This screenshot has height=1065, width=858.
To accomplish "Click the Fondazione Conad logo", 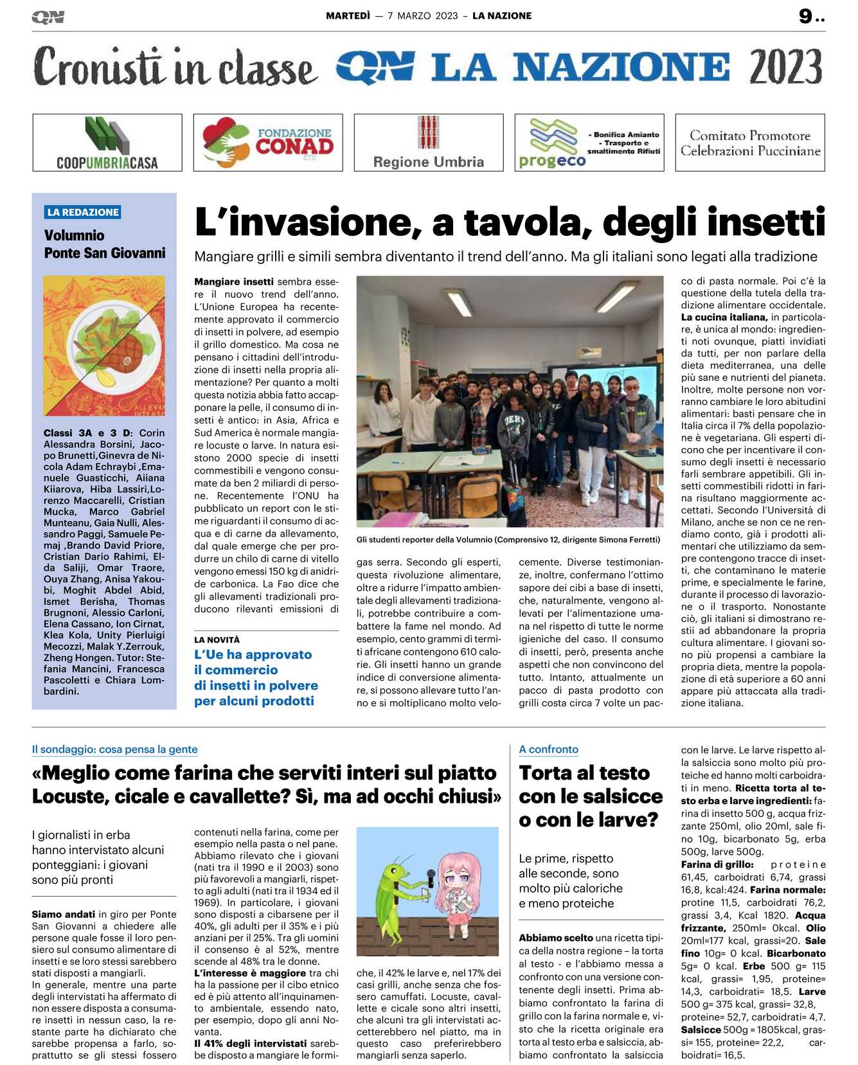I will pyautogui.click(x=268, y=143).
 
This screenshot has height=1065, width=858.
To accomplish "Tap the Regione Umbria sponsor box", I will pyautogui.click(x=429, y=143).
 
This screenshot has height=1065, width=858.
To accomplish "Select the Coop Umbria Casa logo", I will pyautogui.click(x=107, y=143).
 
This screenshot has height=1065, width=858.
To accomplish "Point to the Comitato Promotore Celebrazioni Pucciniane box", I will pyautogui.click(x=750, y=143).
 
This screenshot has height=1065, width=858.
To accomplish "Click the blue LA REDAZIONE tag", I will pyautogui.click(x=83, y=212).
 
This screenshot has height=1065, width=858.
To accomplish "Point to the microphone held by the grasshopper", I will pyautogui.click(x=429, y=877).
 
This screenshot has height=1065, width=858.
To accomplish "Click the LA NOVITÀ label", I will pyautogui.click(x=217, y=640).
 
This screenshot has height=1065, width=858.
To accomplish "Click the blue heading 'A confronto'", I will pyautogui.click(x=548, y=749).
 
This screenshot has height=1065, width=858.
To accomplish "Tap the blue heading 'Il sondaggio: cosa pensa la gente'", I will pyautogui.click(x=114, y=749).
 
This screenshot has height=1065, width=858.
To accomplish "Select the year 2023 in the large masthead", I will pyautogui.click(x=785, y=67).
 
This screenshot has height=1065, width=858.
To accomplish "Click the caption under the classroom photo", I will pyautogui.click(x=508, y=540).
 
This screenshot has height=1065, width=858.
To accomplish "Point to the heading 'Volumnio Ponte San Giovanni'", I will pyautogui.click(x=104, y=244).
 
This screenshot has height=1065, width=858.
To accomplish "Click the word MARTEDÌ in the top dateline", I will pyautogui.click(x=348, y=16).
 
